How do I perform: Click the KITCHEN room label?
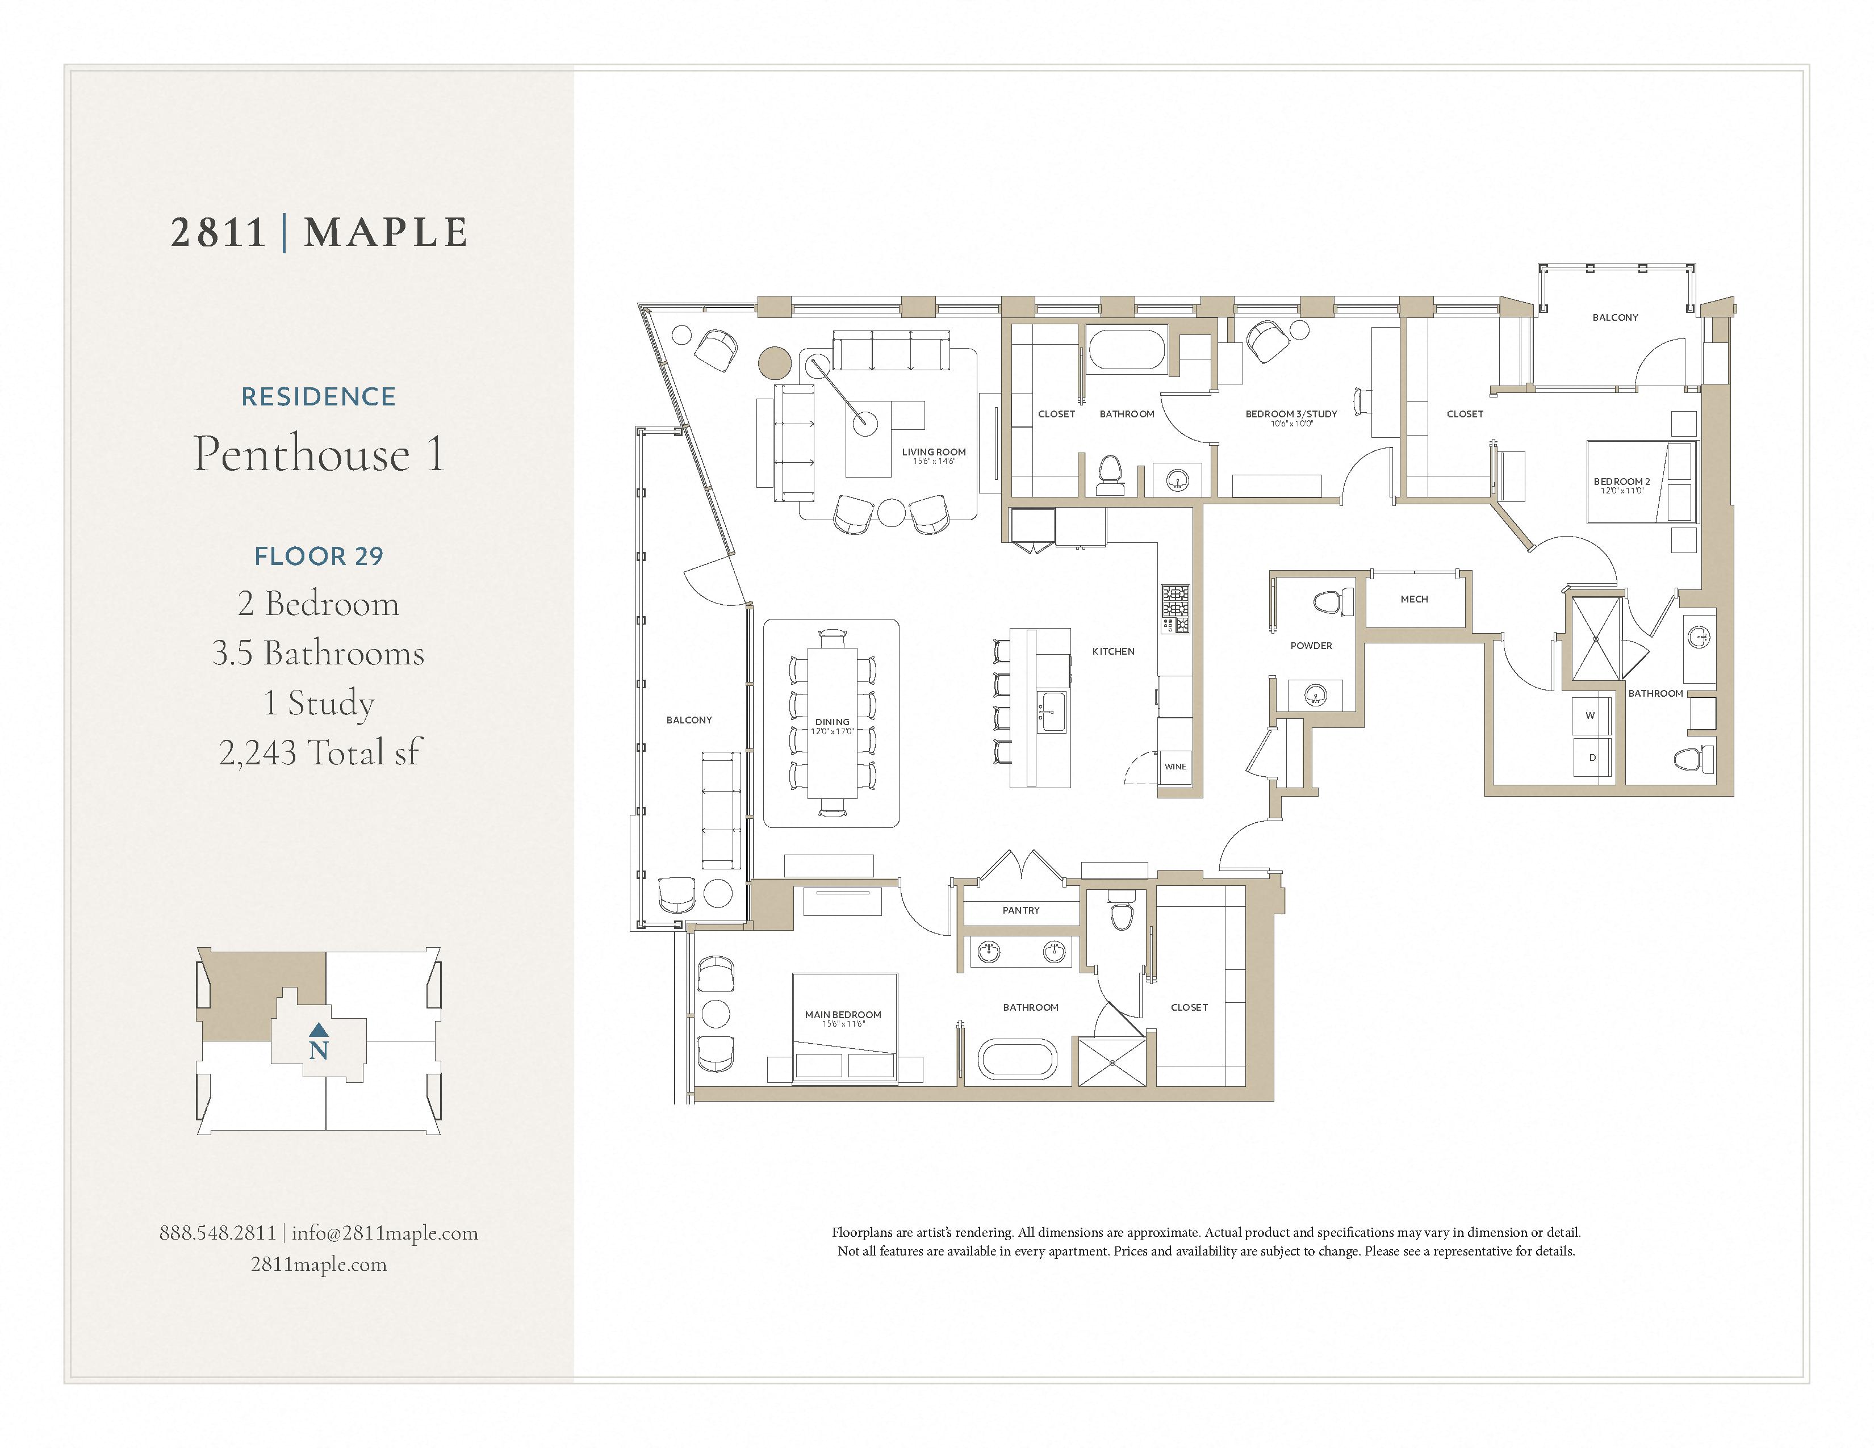pyautogui.click(x=1113, y=651)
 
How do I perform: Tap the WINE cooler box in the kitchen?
pyautogui.click(x=1175, y=766)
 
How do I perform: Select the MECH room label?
pyautogui.click(x=1414, y=599)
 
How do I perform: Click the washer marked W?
pyautogui.click(x=1590, y=715)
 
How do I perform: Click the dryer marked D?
pyautogui.click(x=1592, y=758)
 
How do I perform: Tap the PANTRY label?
pyautogui.click(x=1020, y=910)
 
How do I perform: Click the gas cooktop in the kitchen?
pyautogui.click(x=1176, y=609)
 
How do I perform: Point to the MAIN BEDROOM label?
pyautogui.click(x=843, y=1015)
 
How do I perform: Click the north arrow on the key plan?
pyautogui.click(x=319, y=1029)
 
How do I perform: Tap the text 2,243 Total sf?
pyautogui.click(x=319, y=752)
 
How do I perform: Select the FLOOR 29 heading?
pyautogui.click(x=319, y=556)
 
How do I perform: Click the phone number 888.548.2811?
pyautogui.click(x=218, y=1233)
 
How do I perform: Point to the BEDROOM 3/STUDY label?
pyautogui.click(x=1291, y=413)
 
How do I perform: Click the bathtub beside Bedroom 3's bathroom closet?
pyautogui.click(x=1127, y=351)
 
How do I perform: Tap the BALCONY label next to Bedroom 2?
pyautogui.click(x=1615, y=317)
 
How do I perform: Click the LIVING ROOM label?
pyautogui.click(x=934, y=452)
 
